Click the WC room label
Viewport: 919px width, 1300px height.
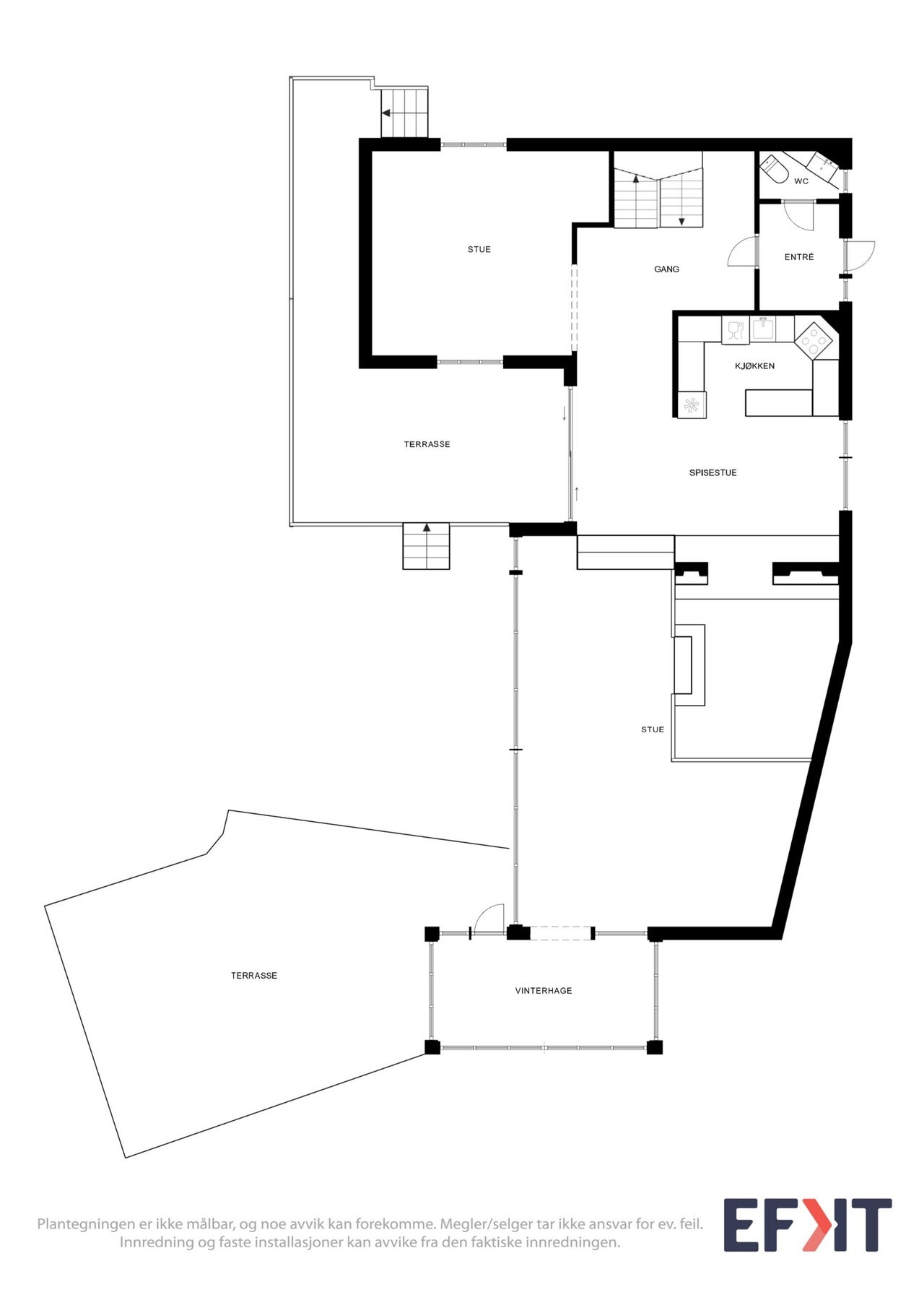[x=801, y=181]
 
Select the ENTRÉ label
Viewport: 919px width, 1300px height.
[x=798, y=257]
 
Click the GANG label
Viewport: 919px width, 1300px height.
[x=666, y=269]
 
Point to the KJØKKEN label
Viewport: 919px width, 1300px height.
[x=754, y=366]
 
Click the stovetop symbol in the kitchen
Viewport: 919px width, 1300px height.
[x=815, y=339]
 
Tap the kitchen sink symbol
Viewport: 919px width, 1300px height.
[x=762, y=329]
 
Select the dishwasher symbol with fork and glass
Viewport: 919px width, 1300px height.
[x=735, y=331]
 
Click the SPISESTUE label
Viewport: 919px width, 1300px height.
[x=713, y=473]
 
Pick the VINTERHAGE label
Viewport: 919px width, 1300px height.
[x=543, y=991]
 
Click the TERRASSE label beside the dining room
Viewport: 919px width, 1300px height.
[x=427, y=445]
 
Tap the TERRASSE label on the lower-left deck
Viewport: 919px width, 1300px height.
[x=253, y=976]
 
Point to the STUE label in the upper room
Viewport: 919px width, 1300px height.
[x=479, y=250]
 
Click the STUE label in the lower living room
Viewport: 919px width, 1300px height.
[x=652, y=729]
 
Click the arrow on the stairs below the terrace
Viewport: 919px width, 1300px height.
[x=427, y=529]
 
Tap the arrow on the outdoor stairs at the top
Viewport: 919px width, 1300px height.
[x=387, y=113]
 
